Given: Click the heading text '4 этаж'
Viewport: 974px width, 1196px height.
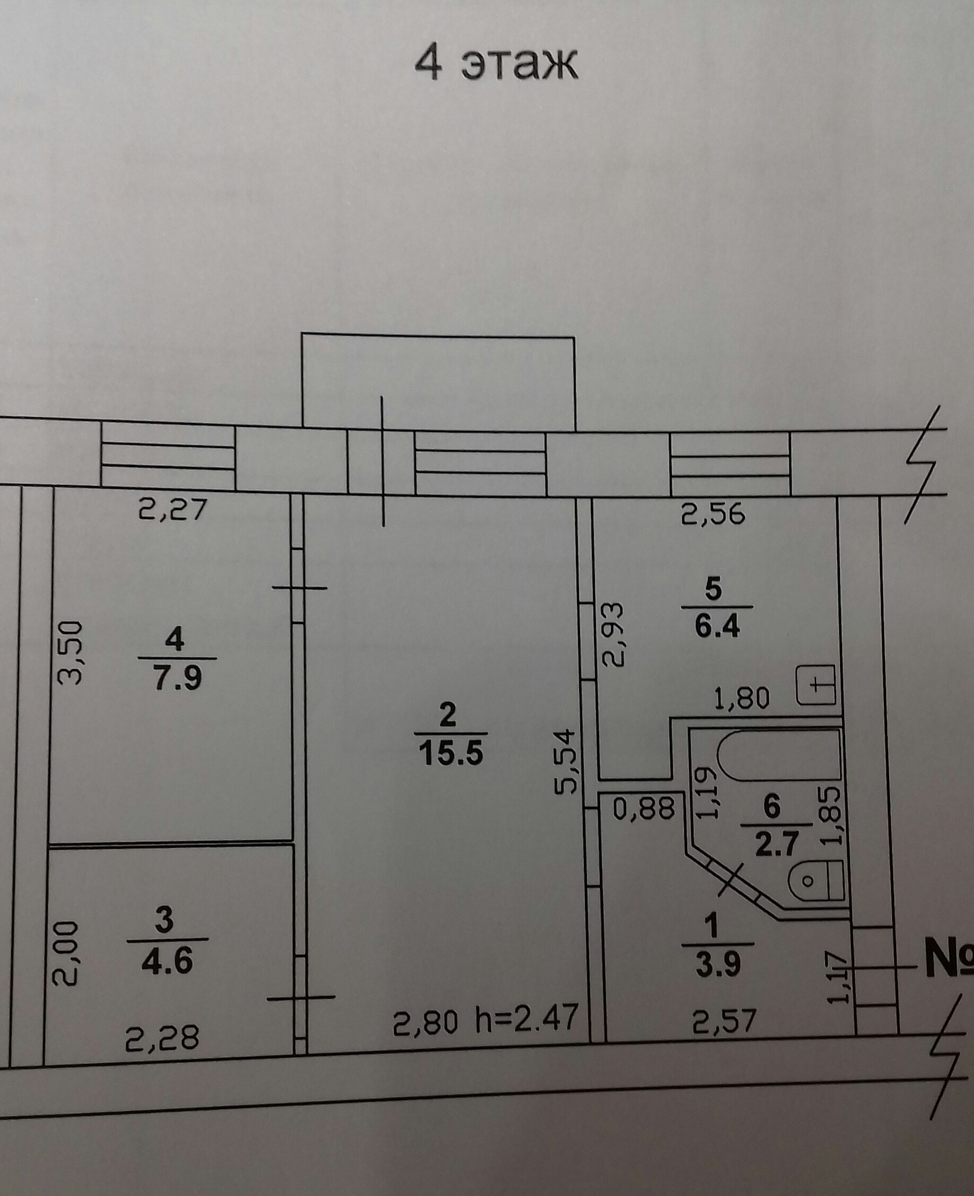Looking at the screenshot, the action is (495, 66).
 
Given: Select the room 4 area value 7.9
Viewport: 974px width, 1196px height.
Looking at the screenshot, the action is (178, 680).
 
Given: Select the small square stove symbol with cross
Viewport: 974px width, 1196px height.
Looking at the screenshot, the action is (816, 685).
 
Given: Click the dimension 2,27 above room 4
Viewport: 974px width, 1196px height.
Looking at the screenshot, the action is (173, 510).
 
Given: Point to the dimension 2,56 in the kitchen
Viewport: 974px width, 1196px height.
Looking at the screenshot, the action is (713, 513).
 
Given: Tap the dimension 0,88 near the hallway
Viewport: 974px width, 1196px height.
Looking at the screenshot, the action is (643, 809).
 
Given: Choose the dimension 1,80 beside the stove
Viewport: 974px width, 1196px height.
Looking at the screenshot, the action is (741, 699).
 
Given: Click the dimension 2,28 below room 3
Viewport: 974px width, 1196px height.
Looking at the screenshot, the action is (162, 1037).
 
